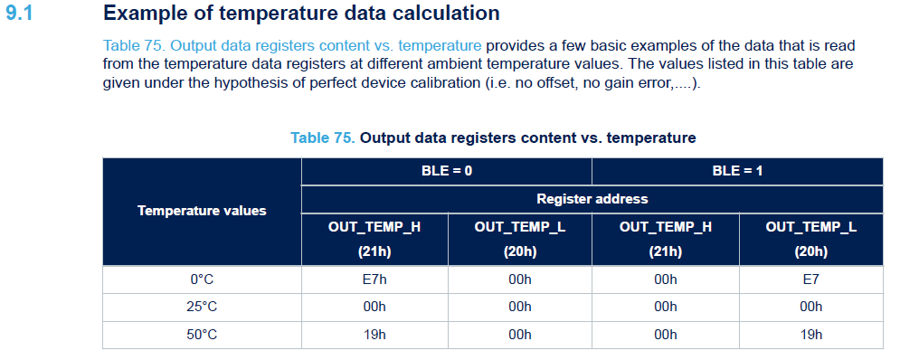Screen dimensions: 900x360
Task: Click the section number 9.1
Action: (19, 14)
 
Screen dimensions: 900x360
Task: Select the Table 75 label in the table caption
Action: (323, 137)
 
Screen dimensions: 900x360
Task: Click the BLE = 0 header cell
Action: (447, 171)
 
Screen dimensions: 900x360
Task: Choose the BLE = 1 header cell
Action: (737, 171)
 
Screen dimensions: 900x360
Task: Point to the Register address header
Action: (592, 199)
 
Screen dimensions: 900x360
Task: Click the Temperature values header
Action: (202, 211)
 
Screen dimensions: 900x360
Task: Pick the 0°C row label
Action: (202, 279)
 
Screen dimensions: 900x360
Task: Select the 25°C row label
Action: (202, 308)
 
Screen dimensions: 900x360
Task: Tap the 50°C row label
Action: (202, 335)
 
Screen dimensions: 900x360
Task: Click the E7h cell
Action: (374, 279)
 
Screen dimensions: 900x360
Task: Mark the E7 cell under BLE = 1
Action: (811, 279)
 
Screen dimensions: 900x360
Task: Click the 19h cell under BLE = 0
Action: (374, 335)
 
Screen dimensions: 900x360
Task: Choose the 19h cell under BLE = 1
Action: (811, 335)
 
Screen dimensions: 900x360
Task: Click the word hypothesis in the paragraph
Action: (265, 83)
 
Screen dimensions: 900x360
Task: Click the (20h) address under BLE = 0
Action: (520, 252)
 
